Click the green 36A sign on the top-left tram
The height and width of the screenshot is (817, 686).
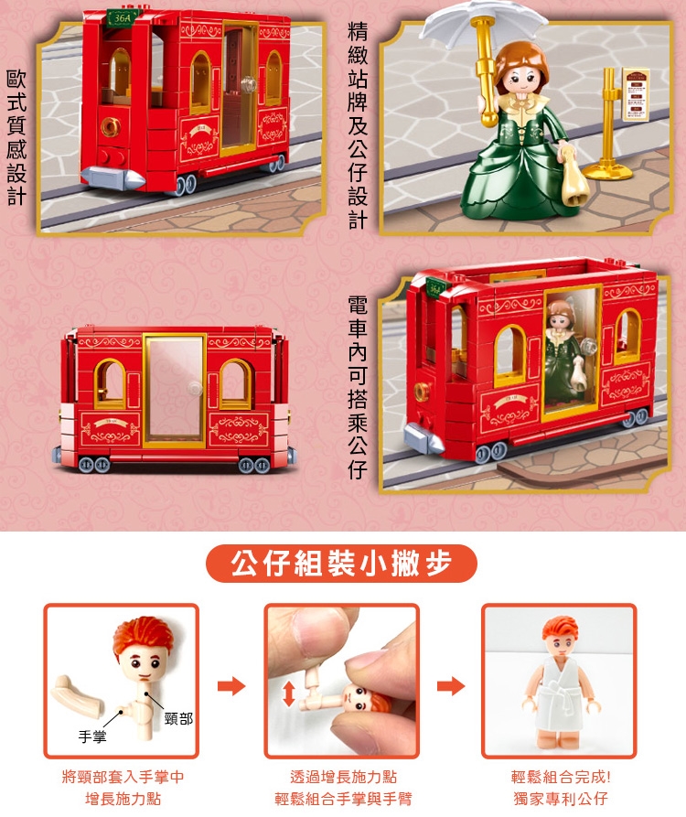tap(123, 17)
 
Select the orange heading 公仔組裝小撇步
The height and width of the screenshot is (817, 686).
tap(342, 564)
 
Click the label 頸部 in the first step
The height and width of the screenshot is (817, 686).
tap(178, 718)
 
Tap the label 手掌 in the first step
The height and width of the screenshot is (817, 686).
tap(92, 736)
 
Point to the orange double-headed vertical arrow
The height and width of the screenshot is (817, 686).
tap(289, 694)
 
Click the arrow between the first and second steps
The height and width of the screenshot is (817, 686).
tap(231, 685)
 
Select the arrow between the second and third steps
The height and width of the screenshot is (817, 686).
tap(451, 685)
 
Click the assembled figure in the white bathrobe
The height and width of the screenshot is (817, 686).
tap(561, 683)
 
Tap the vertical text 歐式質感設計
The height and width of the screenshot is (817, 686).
tap(16, 138)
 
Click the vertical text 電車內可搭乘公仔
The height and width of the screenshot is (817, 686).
tap(358, 388)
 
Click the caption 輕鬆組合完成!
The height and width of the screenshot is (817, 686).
tap(561, 777)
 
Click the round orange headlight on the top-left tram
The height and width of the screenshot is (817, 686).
tap(111, 126)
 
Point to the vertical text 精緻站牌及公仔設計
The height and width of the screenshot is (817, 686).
tap(358, 125)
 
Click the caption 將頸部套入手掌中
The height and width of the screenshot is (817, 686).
tap(123, 777)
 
